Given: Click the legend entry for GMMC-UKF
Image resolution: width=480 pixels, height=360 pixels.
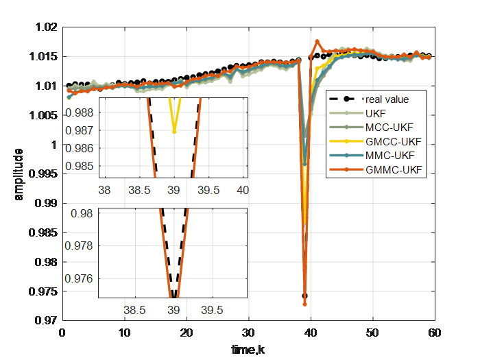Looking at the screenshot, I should pyautogui.click(x=394, y=169).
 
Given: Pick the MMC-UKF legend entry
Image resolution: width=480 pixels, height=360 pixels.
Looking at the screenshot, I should pyautogui.click(x=391, y=156).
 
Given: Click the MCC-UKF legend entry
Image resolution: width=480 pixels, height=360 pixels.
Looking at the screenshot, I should pyautogui.click(x=388, y=127).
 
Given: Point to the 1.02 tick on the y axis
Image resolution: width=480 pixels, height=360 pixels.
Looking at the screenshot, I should pyautogui.click(x=49, y=28).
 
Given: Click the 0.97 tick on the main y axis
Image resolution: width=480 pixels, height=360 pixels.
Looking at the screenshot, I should pyautogui.click(x=49, y=320).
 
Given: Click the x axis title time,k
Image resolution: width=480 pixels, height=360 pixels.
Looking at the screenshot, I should pyautogui.click(x=248, y=350).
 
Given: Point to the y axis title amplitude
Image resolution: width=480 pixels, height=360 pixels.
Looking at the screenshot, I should pyautogui.click(x=19, y=174).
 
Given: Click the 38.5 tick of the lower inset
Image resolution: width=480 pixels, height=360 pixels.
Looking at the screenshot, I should pyautogui.click(x=134, y=310).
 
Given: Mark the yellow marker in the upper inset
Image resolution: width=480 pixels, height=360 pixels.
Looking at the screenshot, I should pyautogui.click(x=174, y=131).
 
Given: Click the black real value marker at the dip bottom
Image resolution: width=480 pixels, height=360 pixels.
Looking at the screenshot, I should pyautogui.click(x=304, y=296).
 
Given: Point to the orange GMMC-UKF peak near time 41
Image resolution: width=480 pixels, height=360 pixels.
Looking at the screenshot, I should pyautogui.click(x=317, y=41).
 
